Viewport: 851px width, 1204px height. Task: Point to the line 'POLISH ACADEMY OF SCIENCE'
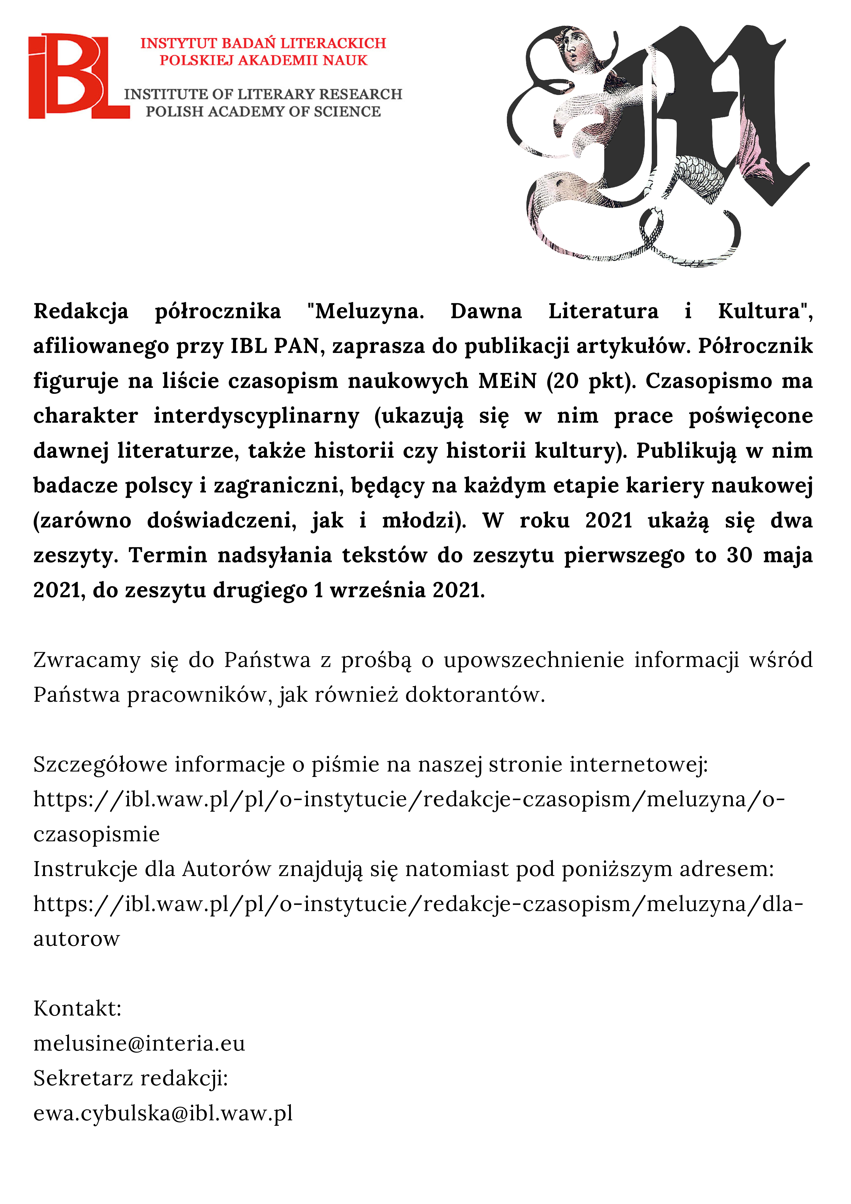[263, 112]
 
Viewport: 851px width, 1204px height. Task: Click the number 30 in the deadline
[739, 555]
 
